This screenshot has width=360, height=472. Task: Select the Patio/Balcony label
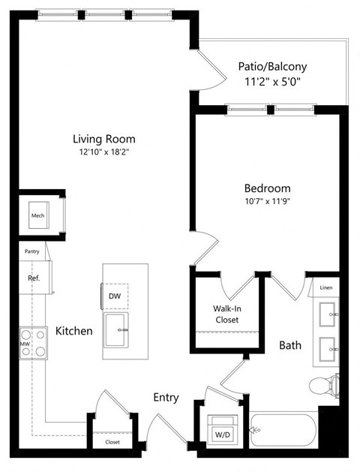(x=272, y=66)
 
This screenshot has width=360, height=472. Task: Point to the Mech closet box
(x=38, y=216)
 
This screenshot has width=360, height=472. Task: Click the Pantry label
(x=31, y=252)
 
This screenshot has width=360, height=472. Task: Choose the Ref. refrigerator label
(x=34, y=277)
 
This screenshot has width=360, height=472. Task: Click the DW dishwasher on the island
(x=115, y=296)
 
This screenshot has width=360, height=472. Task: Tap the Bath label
(x=290, y=346)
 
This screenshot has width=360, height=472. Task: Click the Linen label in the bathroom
(x=325, y=288)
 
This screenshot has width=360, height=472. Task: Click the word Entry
(x=166, y=398)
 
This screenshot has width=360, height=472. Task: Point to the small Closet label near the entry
(x=112, y=442)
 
